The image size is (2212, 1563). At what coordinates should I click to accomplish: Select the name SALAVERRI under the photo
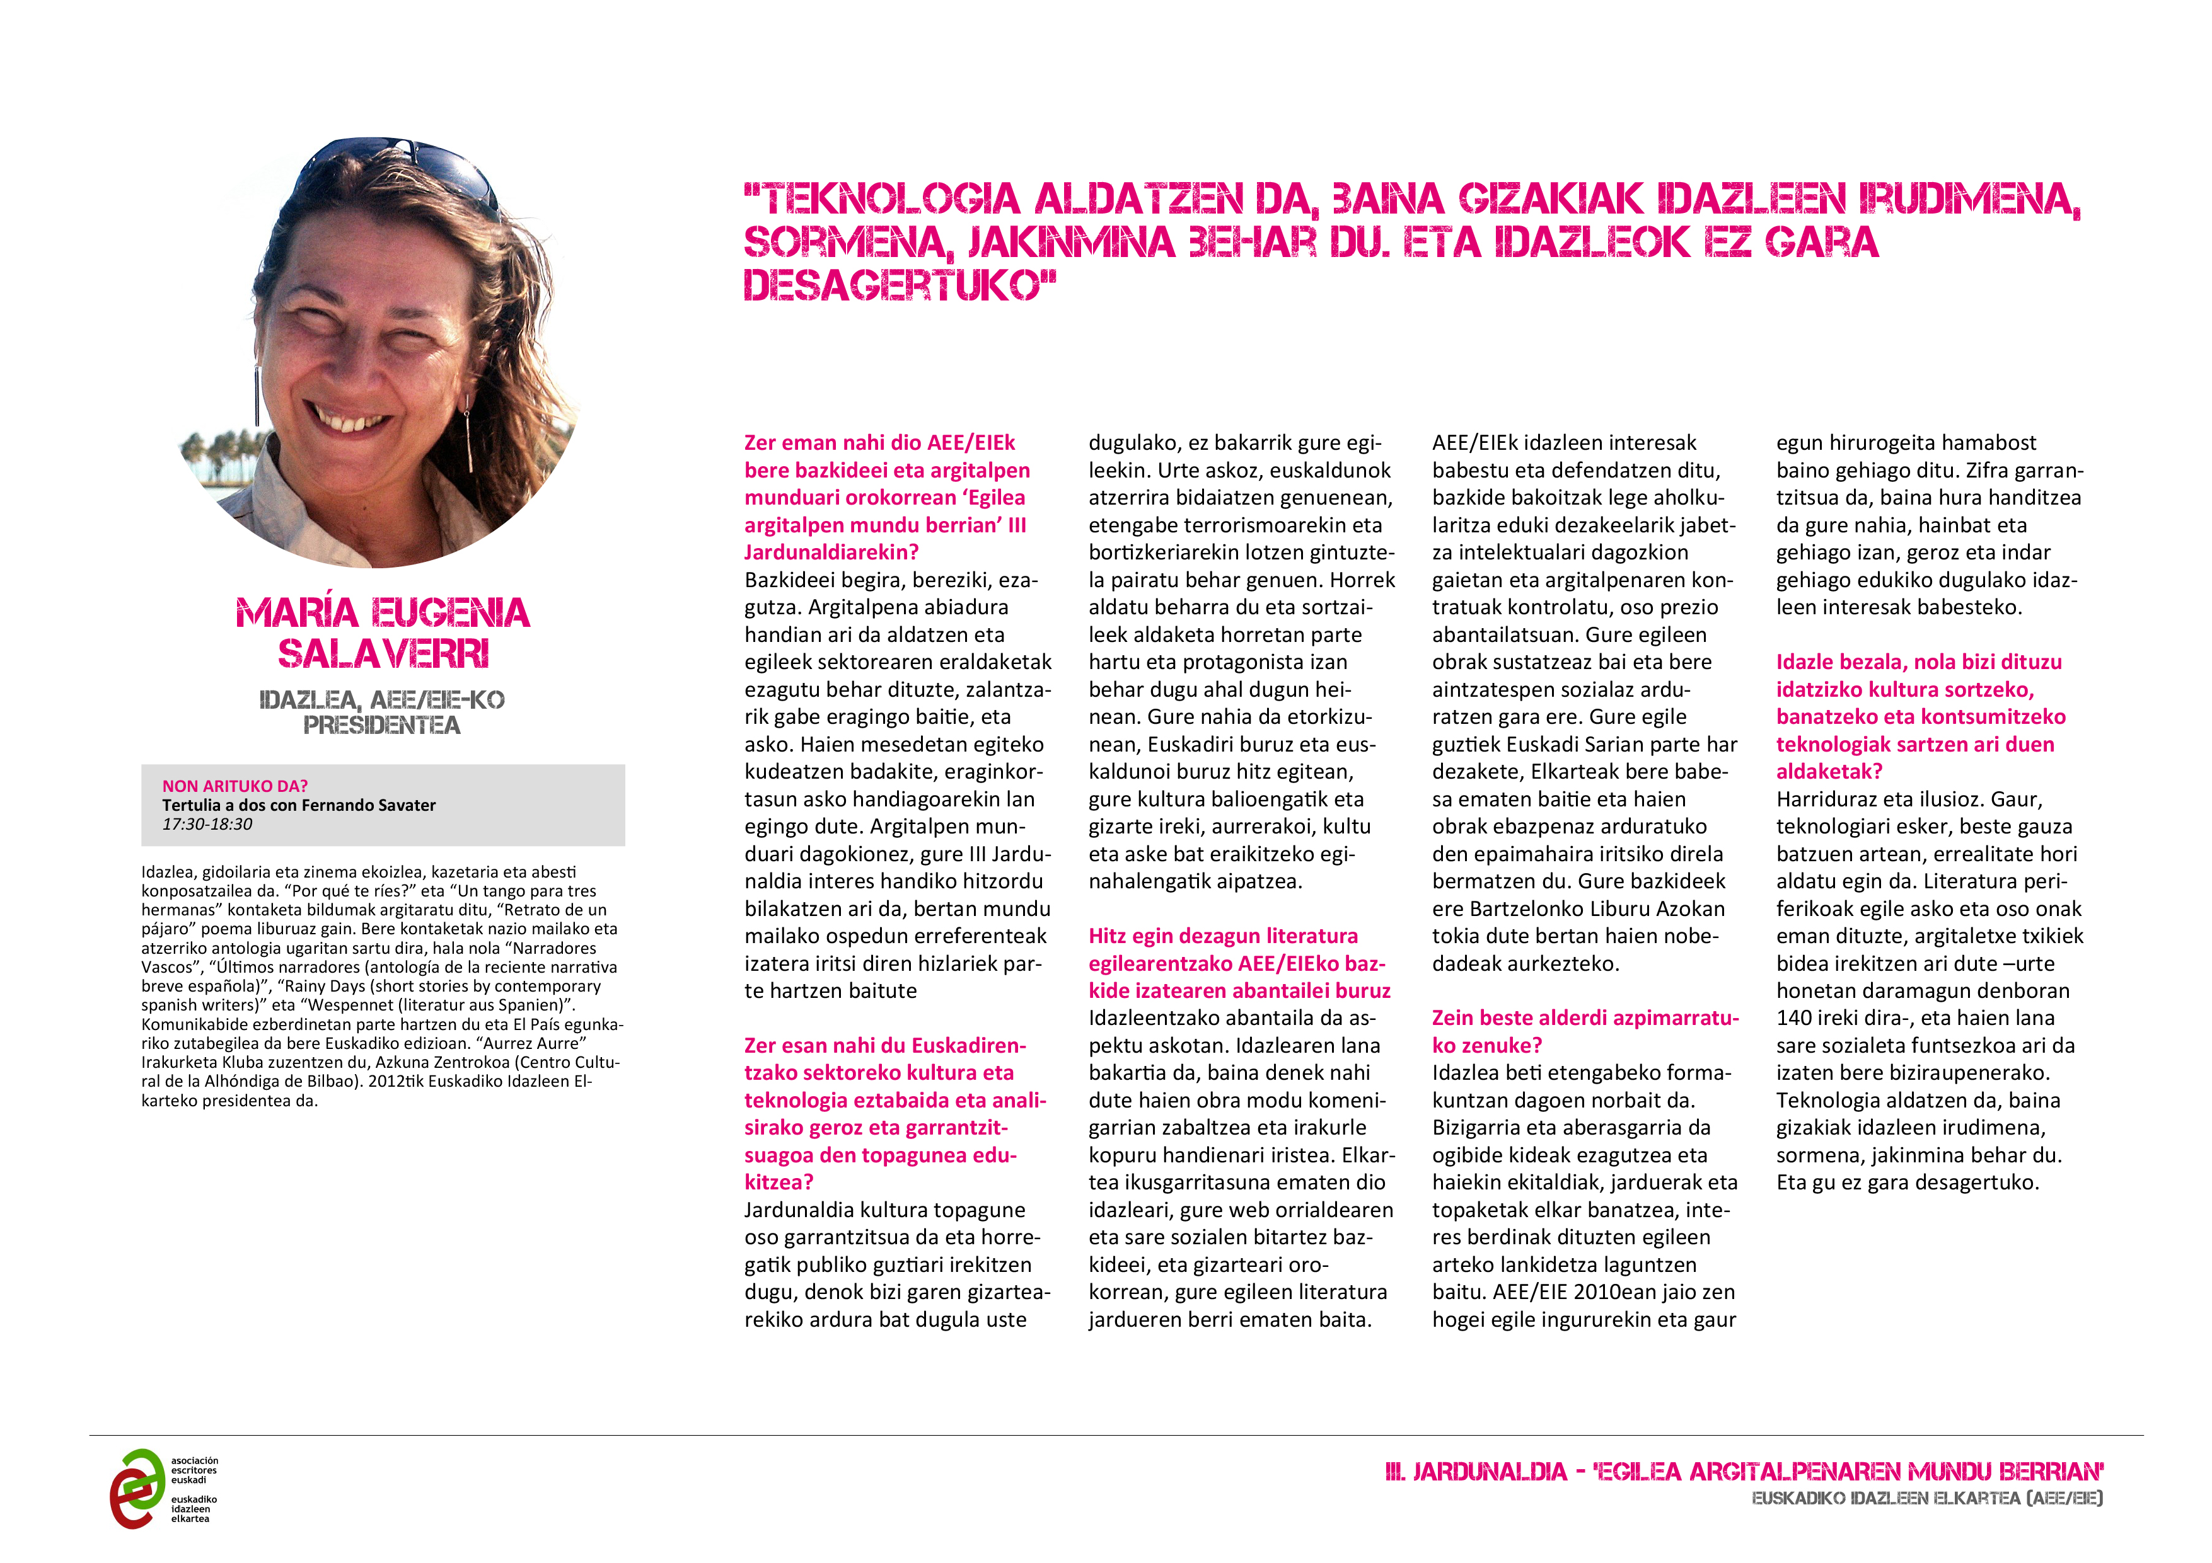tap(383, 654)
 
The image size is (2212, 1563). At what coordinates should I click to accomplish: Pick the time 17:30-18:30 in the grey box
tap(207, 825)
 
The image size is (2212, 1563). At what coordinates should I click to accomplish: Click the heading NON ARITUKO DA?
tap(235, 786)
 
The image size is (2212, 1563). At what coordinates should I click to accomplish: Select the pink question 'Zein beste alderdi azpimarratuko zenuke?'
tap(1584, 1031)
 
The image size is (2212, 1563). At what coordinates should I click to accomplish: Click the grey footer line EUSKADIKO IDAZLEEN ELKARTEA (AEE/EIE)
tap(1927, 1499)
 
